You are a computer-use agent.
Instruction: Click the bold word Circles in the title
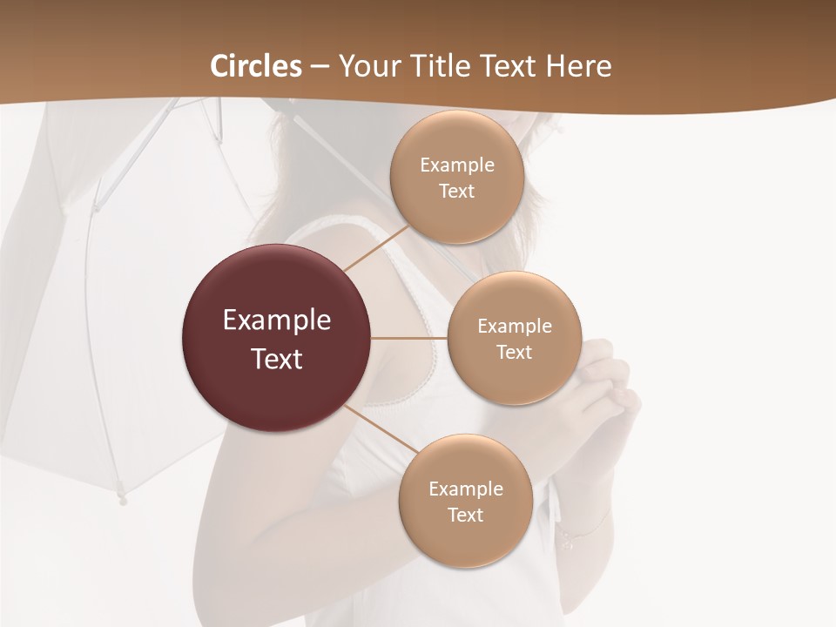(256, 66)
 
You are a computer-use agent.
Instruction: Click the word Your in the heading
(368, 66)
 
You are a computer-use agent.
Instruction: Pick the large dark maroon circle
(277, 338)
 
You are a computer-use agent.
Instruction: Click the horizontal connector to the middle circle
(409, 338)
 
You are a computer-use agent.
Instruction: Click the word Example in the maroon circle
(277, 320)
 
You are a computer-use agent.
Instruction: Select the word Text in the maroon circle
(277, 359)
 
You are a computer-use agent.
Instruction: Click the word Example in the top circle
(456, 165)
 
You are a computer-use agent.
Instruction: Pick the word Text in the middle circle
(514, 353)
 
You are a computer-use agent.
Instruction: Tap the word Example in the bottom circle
(465, 489)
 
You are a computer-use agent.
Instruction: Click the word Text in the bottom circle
(465, 516)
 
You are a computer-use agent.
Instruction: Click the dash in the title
(319, 66)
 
